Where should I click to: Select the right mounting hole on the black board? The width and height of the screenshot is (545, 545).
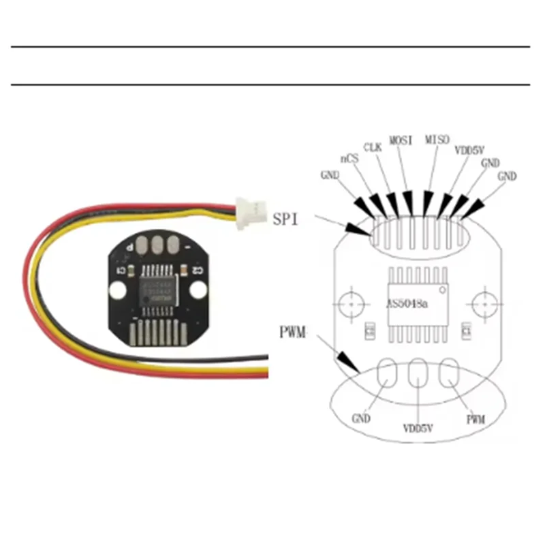pyautogui.click(x=198, y=290)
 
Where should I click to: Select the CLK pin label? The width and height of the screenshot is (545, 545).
pyautogui.click(x=372, y=146)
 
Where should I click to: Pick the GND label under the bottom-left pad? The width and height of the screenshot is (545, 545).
pyautogui.click(x=361, y=418)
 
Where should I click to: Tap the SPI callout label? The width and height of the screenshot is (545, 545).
pyautogui.click(x=286, y=219)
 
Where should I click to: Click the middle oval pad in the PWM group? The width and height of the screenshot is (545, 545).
pyautogui.click(x=416, y=375)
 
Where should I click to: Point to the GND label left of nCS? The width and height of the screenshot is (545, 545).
pyautogui.click(x=330, y=175)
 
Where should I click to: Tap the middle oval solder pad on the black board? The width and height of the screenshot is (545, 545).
pyautogui.click(x=157, y=244)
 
